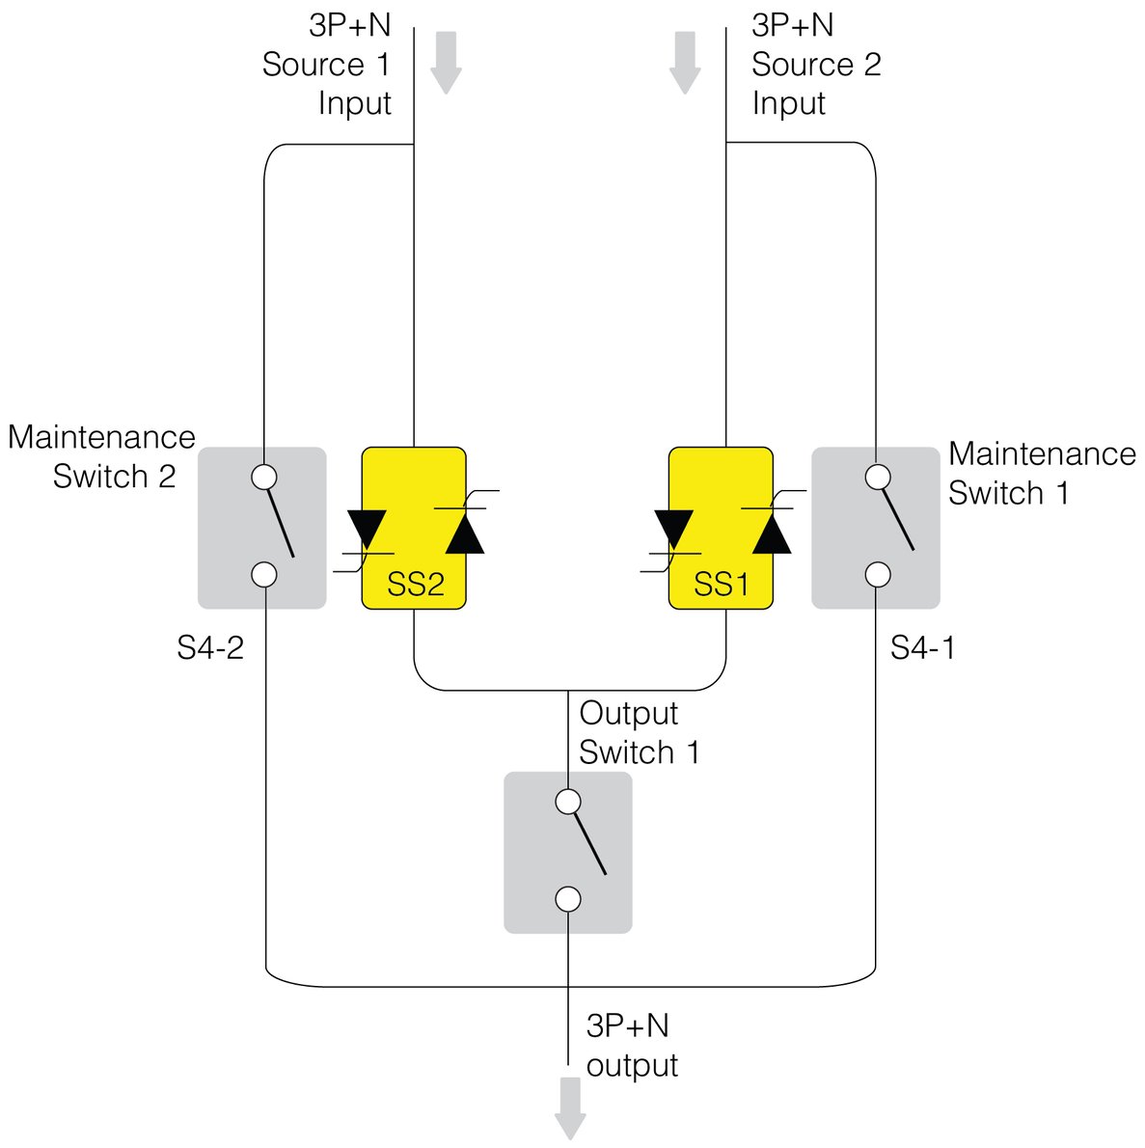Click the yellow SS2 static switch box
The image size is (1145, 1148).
coord(414,528)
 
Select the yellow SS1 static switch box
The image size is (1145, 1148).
coord(721,528)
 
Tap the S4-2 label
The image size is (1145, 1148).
coord(209,648)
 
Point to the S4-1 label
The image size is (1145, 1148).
coord(922,648)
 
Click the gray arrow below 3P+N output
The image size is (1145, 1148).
coord(570,1108)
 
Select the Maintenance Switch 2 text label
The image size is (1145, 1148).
coord(102,456)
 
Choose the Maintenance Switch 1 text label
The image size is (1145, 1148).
coord(1042,473)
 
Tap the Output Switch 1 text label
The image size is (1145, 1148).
coord(639,732)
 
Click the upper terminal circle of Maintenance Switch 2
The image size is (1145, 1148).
coord(263,477)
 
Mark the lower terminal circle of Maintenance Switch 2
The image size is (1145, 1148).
coord(263,574)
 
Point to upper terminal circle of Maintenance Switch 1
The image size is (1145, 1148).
coord(877,477)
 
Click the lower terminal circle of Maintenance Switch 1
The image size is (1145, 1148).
coord(877,574)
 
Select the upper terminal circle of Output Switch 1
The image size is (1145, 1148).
coord(568,802)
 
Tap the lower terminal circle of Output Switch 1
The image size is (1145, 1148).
coord(568,899)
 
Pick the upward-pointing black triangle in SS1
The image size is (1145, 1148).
coord(772,533)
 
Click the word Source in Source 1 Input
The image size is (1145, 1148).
coord(313,65)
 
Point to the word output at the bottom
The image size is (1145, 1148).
coord(632,1065)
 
